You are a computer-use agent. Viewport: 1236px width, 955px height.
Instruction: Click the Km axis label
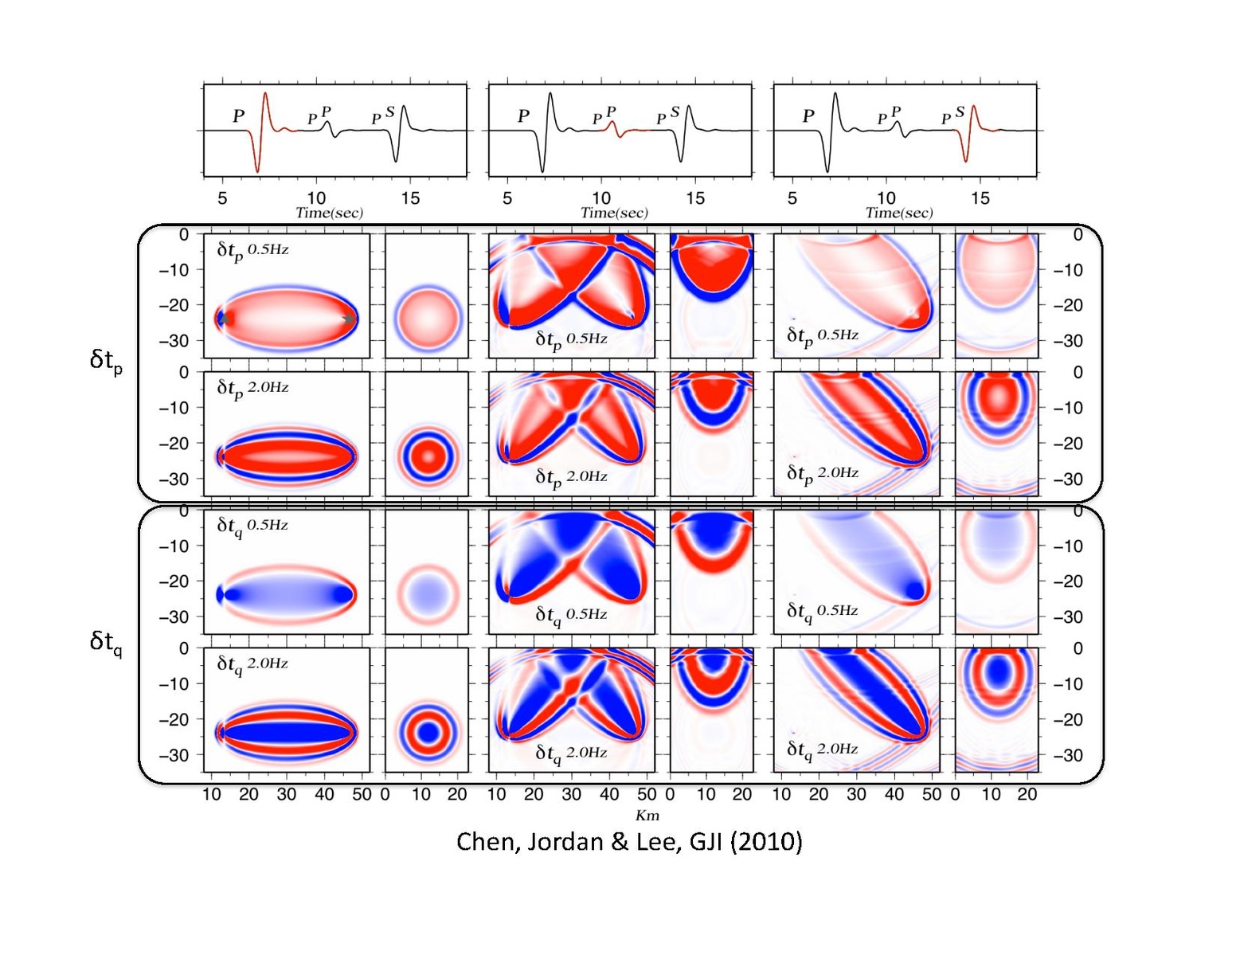pos(647,815)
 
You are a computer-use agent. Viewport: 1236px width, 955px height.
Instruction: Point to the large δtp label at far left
pos(106,360)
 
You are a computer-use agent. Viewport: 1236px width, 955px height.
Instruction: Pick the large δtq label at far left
pos(106,641)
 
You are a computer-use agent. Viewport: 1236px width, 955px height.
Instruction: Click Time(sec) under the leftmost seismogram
pos(329,213)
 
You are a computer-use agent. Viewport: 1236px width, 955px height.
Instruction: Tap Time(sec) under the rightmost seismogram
pos(899,213)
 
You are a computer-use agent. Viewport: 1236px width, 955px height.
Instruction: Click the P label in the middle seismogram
pos(523,116)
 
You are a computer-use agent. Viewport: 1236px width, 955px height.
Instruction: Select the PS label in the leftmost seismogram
pos(382,116)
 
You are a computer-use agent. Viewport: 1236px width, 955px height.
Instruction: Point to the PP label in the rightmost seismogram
pos(887,115)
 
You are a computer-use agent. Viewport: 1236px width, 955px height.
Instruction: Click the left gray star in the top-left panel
pos(224,319)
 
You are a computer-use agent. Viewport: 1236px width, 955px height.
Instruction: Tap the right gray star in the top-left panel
pos(349,319)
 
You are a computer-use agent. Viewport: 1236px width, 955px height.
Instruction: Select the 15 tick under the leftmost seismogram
pos(410,198)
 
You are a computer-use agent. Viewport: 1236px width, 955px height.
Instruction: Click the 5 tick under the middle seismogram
pos(507,198)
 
